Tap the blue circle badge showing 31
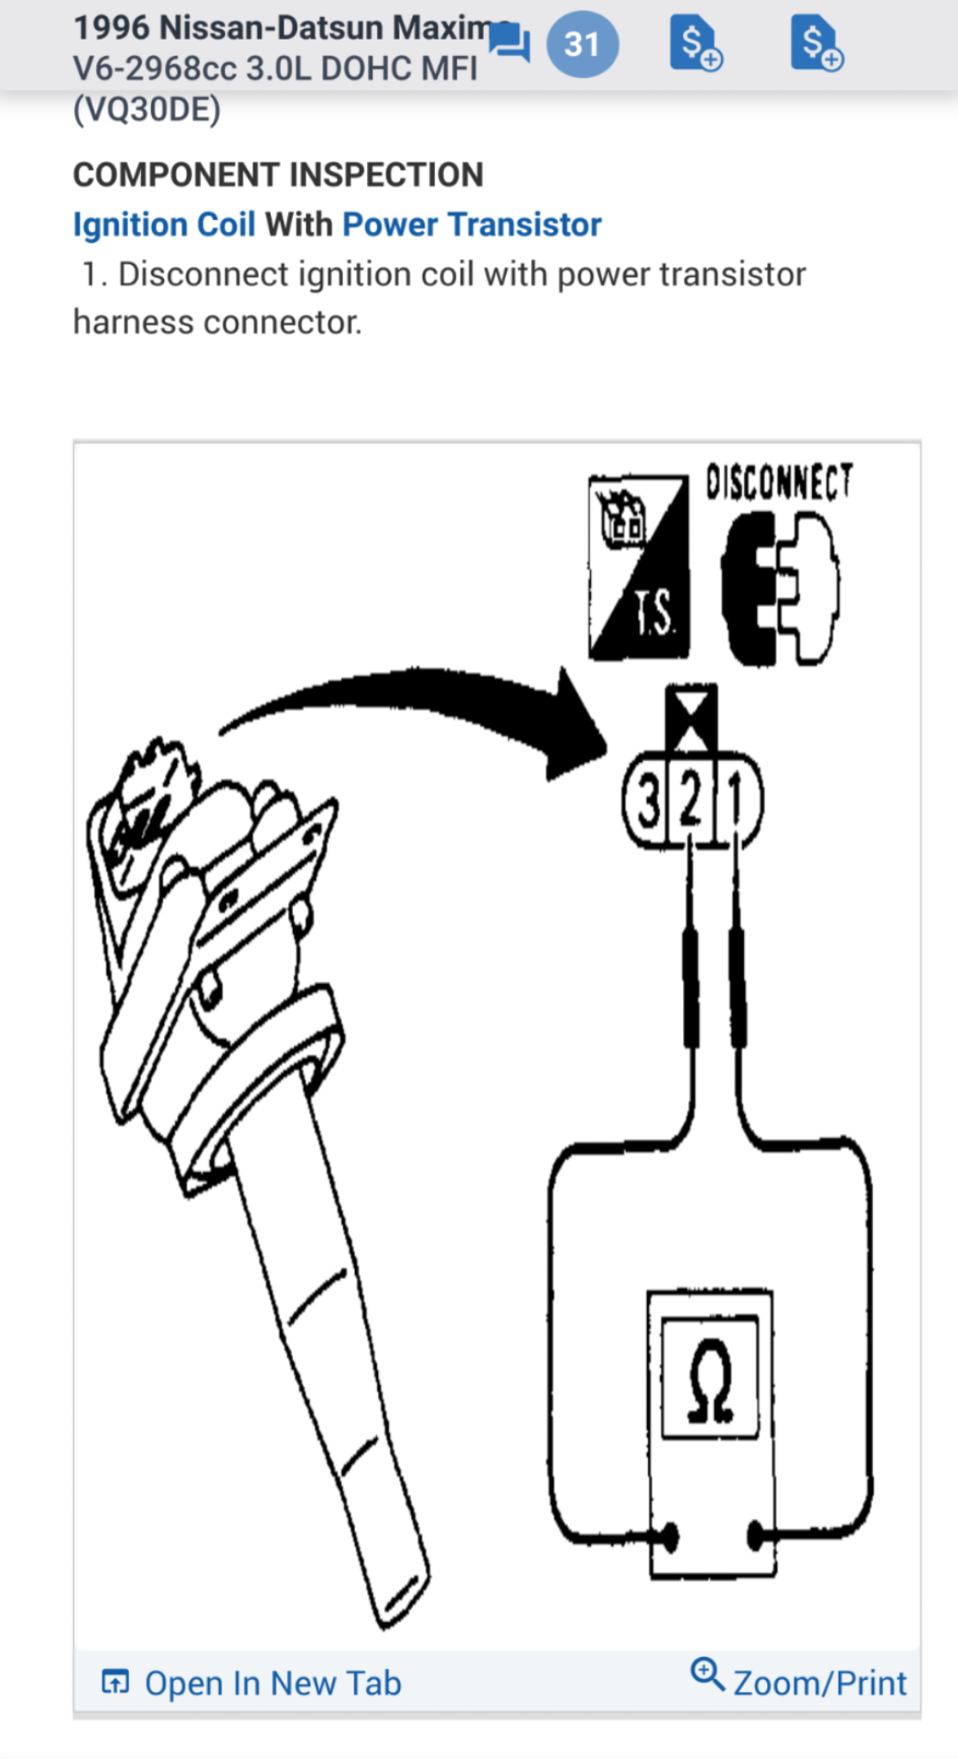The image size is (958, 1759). [582, 44]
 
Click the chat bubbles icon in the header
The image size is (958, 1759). [510, 43]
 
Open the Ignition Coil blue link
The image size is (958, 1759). [164, 225]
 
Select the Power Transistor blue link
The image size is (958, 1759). [472, 225]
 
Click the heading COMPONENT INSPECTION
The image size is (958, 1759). [278, 175]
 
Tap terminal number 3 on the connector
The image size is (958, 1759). [649, 802]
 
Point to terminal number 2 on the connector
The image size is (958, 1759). [691, 802]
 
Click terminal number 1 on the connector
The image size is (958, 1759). [735, 802]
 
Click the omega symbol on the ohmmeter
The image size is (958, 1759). [711, 1380]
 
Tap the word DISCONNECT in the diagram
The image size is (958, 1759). [779, 482]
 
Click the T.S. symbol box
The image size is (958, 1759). [638, 568]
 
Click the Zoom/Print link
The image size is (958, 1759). [819, 1683]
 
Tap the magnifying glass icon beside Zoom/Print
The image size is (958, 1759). [708, 1674]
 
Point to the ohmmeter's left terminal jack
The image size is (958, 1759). [668, 1537]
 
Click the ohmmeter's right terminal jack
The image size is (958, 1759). [755, 1535]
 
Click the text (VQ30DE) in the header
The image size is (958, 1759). [147, 110]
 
